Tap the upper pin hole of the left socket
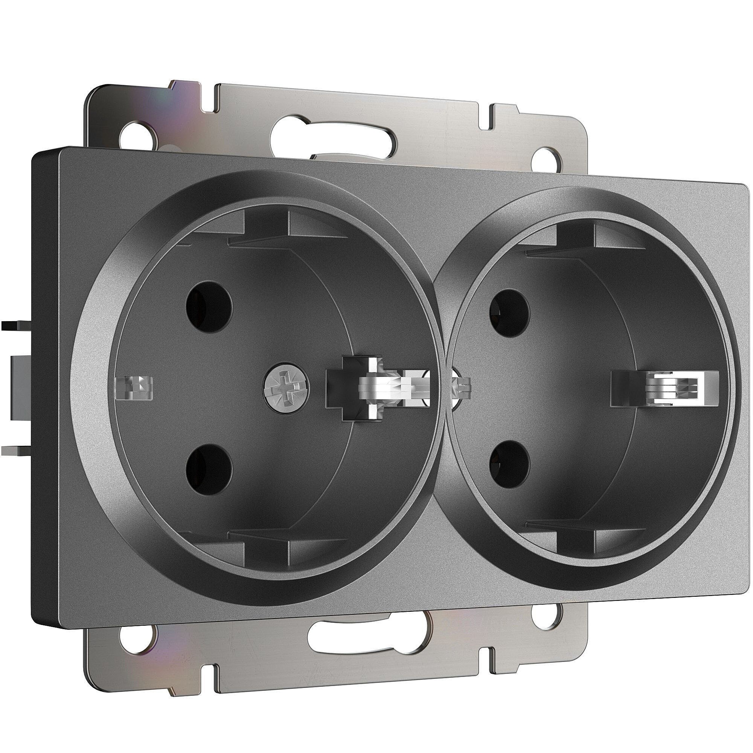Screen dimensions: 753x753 209,306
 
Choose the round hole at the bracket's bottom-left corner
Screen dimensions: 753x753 137,638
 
